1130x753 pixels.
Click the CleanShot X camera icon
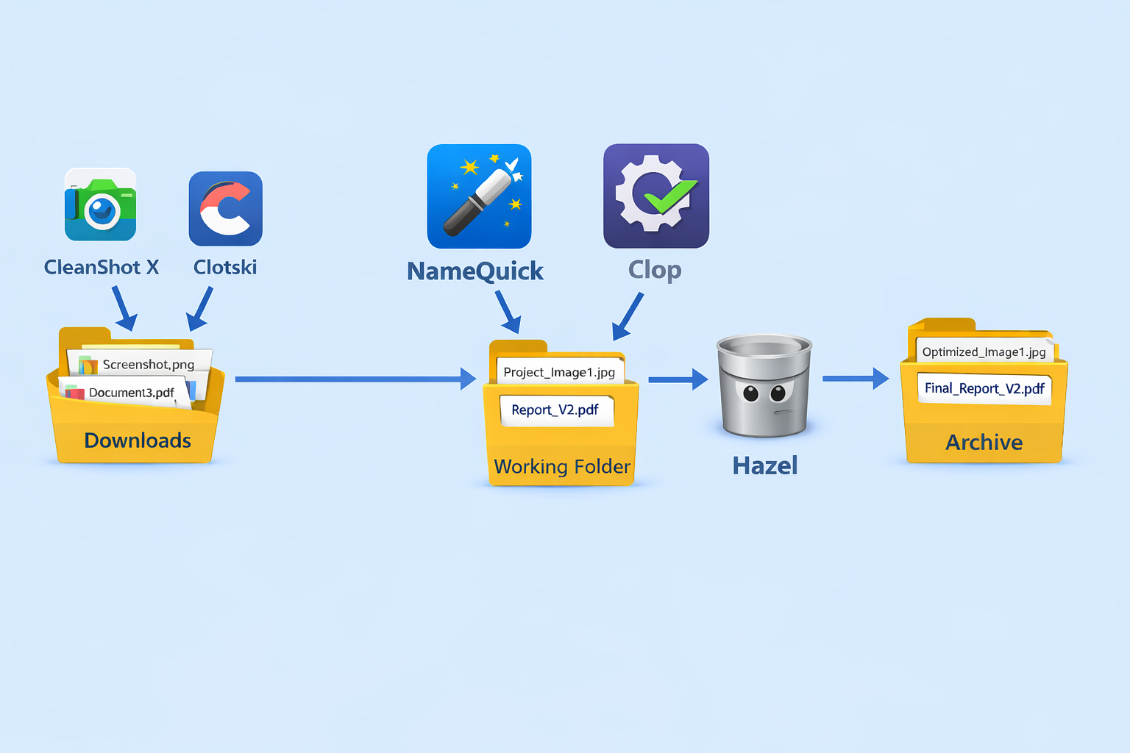point(100,205)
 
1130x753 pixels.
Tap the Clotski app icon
point(225,209)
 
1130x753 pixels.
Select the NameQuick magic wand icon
point(479,196)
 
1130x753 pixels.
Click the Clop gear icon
point(655,196)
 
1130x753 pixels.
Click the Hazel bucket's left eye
point(750,393)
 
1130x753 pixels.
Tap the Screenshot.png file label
point(148,365)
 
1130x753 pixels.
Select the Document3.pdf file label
point(131,393)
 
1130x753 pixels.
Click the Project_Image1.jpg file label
point(559,372)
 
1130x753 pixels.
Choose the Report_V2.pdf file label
point(555,410)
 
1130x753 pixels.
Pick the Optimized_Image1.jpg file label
point(984,351)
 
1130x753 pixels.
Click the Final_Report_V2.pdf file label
point(984,388)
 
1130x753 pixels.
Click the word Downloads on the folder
point(138,440)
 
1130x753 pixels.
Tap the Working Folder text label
point(562,467)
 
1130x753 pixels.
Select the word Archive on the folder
point(984,443)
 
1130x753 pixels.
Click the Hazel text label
point(765,465)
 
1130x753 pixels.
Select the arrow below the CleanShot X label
point(124,308)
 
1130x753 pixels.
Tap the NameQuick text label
point(475,271)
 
